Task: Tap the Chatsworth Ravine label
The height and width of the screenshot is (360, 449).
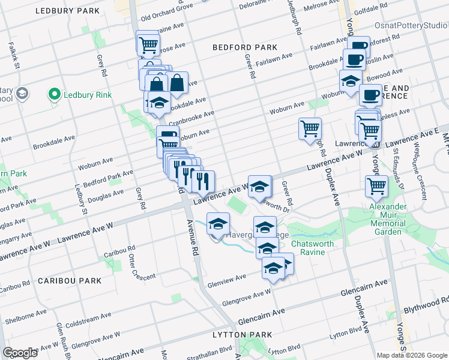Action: [x=316, y=248]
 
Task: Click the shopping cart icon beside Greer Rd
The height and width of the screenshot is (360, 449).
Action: [x=310, y=128]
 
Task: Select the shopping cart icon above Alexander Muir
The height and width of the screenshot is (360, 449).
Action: [x=376, y=186]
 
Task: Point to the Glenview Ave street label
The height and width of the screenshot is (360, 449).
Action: [x=228, y=278]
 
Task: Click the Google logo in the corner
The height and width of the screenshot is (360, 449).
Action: [x=20, y=353]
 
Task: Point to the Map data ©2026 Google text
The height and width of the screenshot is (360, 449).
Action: [x=411, y=355]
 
